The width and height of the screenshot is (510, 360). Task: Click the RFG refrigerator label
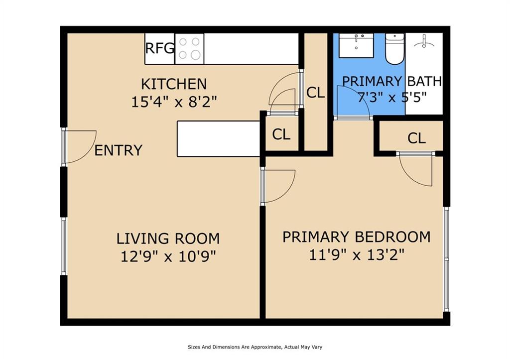tap(160, 48)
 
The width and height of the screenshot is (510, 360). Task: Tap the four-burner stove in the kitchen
tap(189, 48)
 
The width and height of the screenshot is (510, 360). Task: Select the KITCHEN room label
tap(174, 84)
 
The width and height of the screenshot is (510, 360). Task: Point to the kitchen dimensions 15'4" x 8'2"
tap(174, 102)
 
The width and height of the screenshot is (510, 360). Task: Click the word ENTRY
tap(119, 150)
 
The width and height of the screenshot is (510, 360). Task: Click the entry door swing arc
tap(88, 153)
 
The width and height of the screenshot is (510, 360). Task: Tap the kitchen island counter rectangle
tap(219, 139)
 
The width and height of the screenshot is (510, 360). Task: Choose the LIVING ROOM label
tap(168, 239)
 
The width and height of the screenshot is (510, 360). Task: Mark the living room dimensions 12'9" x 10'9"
tap(168, 257)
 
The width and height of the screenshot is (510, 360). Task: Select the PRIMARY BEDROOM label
tap(357, 237)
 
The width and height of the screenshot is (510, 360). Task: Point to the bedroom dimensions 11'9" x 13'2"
tap(357, 255)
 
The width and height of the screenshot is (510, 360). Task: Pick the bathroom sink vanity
tap(356, 45)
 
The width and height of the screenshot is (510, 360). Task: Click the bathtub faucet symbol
tap(424, 42)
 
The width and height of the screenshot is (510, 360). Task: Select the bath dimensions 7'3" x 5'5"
tap(392, 97)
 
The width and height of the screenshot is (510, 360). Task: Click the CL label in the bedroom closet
tap(416, 138)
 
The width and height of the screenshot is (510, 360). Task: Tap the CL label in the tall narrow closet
tap(315, 93)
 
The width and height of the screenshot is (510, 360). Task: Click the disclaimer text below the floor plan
tap(255, 348)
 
